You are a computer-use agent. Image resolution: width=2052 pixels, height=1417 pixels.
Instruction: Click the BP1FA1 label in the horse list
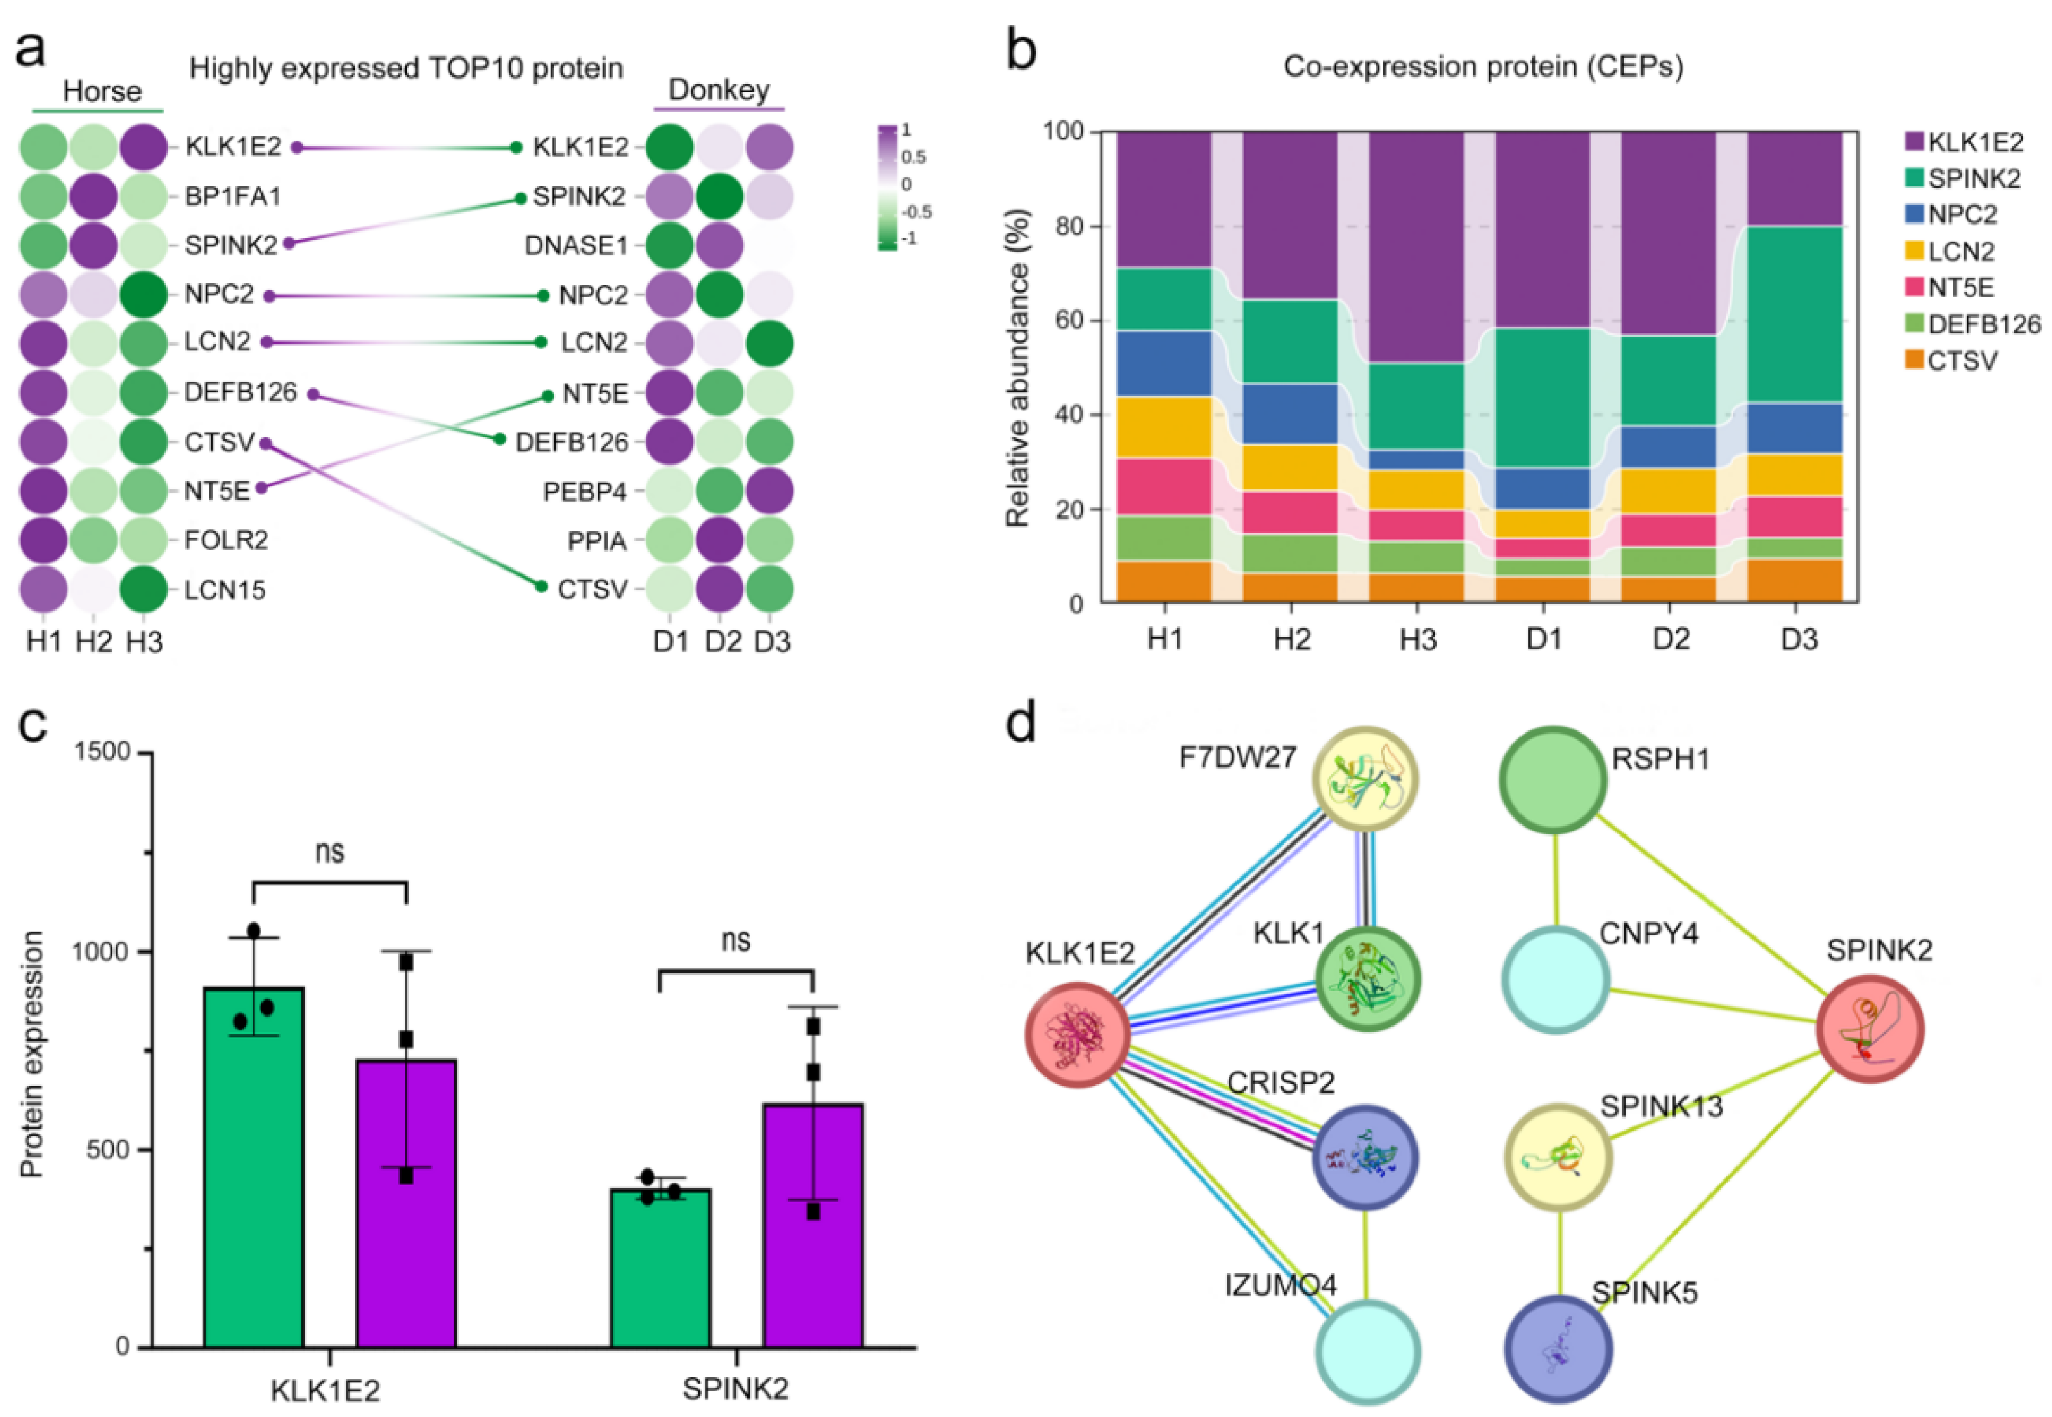click(x=233, y=196)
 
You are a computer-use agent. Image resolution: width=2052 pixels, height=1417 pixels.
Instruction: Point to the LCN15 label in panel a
click(x=225, y=590)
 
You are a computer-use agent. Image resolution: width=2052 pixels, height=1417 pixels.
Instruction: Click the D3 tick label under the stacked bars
click(x=1798, y=639)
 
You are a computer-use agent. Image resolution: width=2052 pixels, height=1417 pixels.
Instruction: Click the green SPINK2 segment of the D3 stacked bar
click(x=1795, y=314)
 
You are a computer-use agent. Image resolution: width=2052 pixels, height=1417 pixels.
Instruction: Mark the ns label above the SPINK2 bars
click(x=736, y=939)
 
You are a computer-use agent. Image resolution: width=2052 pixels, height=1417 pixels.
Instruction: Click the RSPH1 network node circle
click(x=1553, y=778)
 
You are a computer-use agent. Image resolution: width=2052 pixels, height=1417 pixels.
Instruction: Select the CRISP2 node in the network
click(x=1365, y=1158)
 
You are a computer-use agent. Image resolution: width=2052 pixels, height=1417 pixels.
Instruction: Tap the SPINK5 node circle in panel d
click(x=1559, y=1349)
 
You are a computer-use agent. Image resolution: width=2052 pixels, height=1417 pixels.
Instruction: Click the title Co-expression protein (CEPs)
click(x=1483, y=66)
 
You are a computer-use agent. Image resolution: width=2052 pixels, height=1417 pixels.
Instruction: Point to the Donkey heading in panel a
click(x=718, y=90)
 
